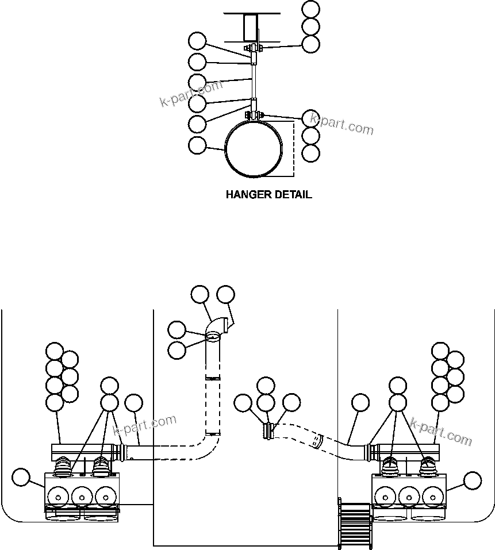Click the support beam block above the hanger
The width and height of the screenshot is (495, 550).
click(x=251, y=28)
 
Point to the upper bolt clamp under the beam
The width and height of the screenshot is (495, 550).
click(x=254, y=48)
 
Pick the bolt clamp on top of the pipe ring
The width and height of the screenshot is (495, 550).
click(x=254, y=116)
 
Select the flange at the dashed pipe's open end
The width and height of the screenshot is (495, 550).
click(x=268, y=431)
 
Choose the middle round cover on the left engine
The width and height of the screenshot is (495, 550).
click(x=82, y=496)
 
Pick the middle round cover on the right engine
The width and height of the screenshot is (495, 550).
click(x=409, y=496)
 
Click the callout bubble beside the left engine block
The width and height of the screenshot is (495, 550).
click(x=21, y=477)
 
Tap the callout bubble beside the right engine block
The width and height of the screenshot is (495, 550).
click(x=473, y=480)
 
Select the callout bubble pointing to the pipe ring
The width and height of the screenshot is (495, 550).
click(x=197, y=145)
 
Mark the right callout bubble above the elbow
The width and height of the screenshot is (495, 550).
click(x=225, y=294)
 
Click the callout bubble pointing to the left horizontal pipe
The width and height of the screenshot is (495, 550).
click(x=134, y=403)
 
